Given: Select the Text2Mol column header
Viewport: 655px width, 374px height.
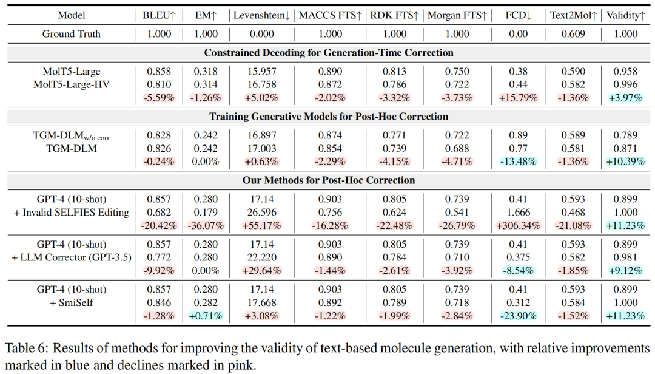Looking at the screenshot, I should click(x=573, y=15).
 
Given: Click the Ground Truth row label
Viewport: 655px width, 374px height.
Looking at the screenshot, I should click(x=72, y=33).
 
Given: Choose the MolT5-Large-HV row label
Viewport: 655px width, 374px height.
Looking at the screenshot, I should click(x=72, y=84).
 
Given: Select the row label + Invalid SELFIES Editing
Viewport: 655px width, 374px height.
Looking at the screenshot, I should click(x=70, y=212).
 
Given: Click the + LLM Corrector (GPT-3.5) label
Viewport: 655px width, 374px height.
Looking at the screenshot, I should click(x=70, y=257).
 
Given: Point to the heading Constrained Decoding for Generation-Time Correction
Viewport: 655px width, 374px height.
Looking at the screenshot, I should click(x=329, y=53).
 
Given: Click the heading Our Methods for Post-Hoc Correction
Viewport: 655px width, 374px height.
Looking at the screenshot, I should click(x=329, y=180).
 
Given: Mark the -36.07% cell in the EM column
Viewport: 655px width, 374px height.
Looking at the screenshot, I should click(x=206, y=225).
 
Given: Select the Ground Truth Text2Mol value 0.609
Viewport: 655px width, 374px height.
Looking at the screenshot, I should click(x=573, y=33).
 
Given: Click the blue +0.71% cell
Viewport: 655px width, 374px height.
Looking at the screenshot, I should click(x=206, y=316).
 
